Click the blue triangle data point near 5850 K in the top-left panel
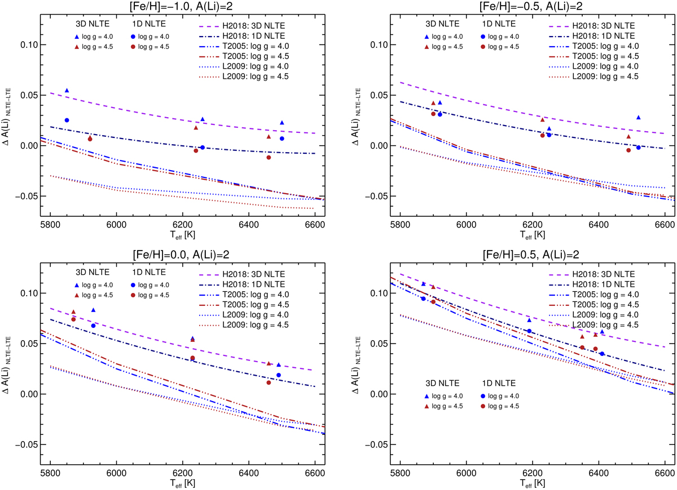pos(67,90)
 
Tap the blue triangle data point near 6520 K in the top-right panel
pos(638,117)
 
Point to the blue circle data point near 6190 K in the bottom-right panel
pos(529,331)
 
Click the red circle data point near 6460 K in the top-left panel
pos(269,158)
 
